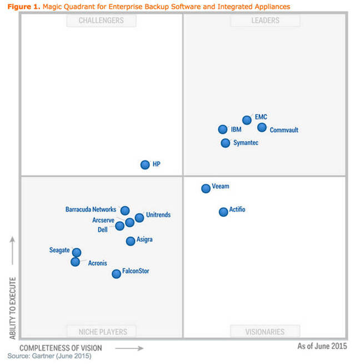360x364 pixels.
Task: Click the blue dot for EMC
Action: click(247, 120)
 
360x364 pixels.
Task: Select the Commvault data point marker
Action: click(262, 128)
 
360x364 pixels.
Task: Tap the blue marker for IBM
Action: click(223, 129)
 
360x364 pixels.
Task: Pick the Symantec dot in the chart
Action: click(225, 143)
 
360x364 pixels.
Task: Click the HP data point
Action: click(145, 164)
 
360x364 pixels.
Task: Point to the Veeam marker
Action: click(206, 188)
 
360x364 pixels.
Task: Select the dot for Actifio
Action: click(223, 212)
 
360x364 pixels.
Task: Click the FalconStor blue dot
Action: click(116, 273)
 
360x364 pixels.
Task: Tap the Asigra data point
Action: click(131, 241)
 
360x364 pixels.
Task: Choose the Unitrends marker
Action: click(139, 217)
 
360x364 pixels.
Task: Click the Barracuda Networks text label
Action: click(91, 210)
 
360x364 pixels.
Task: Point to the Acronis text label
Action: click(97, 263)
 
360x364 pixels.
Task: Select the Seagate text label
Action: click(59, 250)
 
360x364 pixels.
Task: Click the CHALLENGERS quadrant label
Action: click(101, 21)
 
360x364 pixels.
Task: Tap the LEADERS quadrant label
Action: click(265, 21)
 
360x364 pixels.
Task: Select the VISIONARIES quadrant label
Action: click(265, 332)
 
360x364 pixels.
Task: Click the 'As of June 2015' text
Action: click(322, 346)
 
